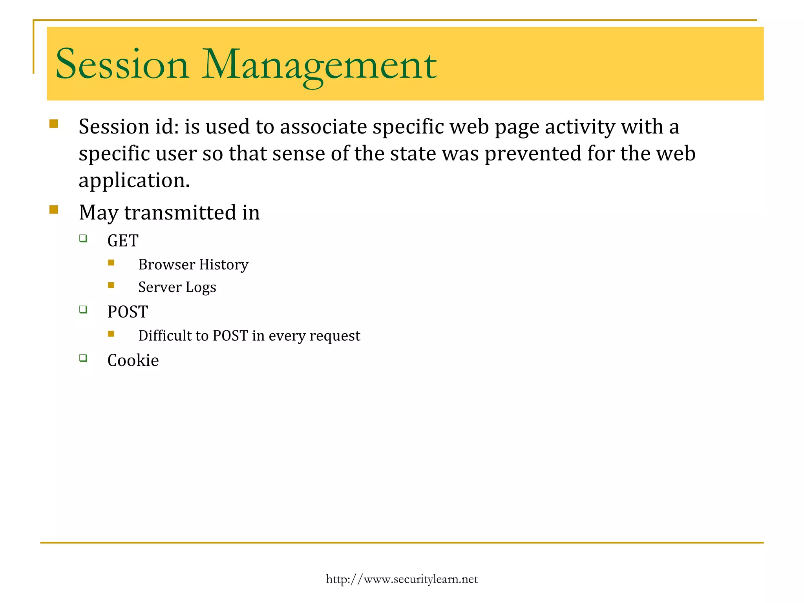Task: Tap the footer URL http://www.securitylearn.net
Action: (x=402, y=579)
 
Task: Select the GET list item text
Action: (x=123, y=241)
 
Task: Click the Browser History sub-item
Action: (x=193, y=265)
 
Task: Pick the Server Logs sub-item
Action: (x=177, y=287)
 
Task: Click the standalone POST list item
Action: (x=128, y=312)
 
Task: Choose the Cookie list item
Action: (x=133, y=360)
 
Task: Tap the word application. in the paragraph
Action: (x=134, y=181)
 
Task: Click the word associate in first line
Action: (x=323, y=127)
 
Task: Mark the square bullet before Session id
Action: (x=54, y=124)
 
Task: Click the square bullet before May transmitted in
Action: (x=54, y=210)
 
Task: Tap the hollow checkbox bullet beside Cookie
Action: (x=83, y=358)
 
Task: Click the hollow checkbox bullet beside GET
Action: (x=83, y=238)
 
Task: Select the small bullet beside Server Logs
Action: (x=111, y=285)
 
